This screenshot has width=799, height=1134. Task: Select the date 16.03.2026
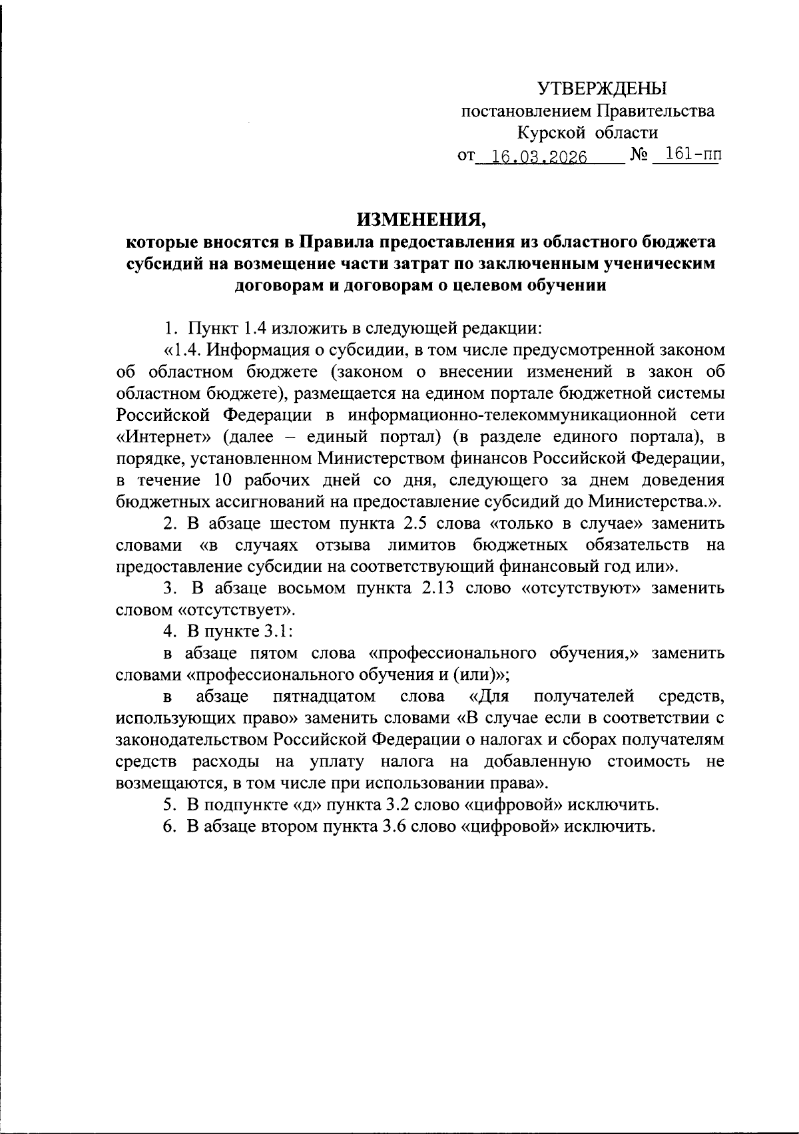(535, 157)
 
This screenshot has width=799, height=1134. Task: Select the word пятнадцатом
(324, 697)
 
